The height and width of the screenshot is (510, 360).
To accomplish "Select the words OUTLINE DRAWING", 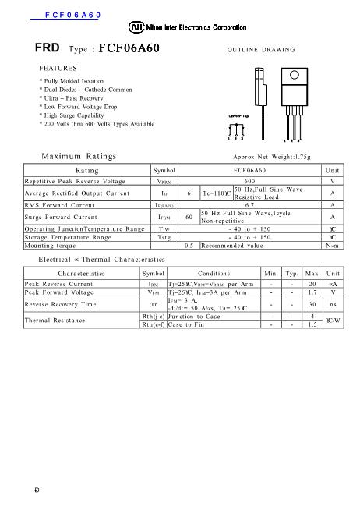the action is [x=260, y=49].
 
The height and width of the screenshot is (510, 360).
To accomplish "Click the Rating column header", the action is [x=86, y=170].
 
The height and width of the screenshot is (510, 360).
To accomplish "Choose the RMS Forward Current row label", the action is [x=59, y=205].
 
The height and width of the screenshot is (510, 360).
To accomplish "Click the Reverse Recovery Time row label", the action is [x=60, y=304].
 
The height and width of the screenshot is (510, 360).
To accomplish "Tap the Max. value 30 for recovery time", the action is [x=312, y=304].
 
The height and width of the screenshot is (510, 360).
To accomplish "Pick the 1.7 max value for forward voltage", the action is [x=312, y=292].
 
